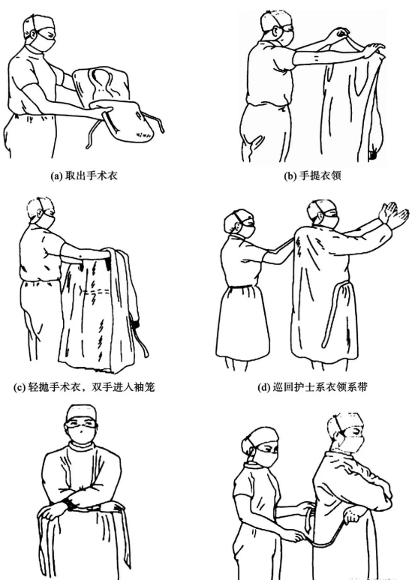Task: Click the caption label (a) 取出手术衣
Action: click(x=84, y=176)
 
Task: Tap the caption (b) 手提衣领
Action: click(x=312, y=176)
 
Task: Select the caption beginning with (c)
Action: click(x=84, y=387)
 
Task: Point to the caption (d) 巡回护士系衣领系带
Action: click(x=312, y=387)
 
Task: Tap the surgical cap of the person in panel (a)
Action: click(x=38, y=23)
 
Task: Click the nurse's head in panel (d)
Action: click(x=239, y=223)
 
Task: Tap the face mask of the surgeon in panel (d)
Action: click(x=330, y=221)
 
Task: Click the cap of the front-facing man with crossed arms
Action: click(x=82, y=412)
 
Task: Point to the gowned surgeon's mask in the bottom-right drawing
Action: click(x=353, y=443)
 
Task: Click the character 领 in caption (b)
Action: click(x=335, y=176)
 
